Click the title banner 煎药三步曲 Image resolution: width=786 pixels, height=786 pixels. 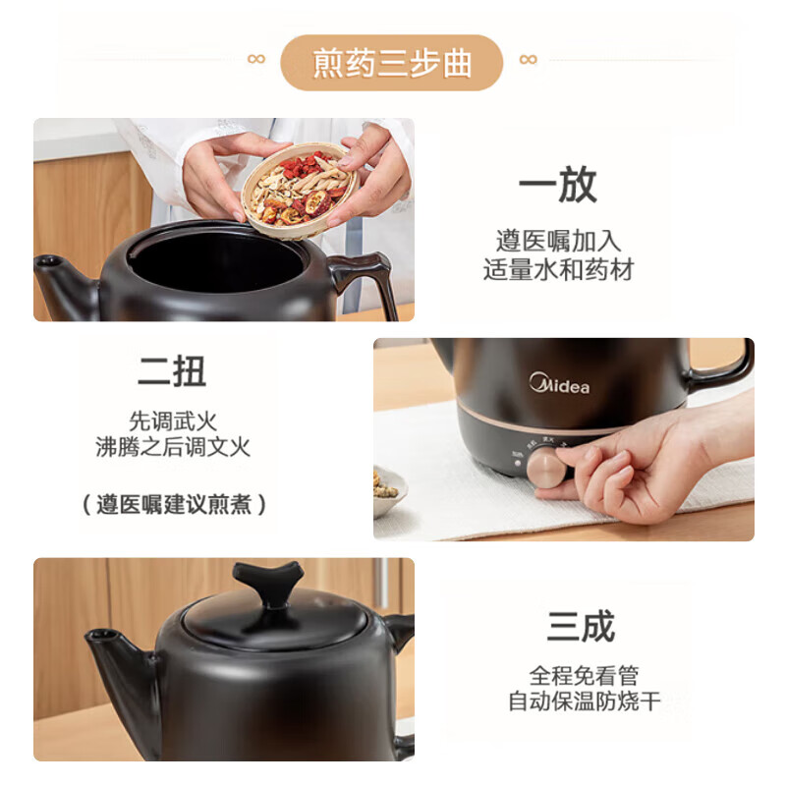(392, 62)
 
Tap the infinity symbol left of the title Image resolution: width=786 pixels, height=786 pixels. (256, 59)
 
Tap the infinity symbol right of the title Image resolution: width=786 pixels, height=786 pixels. (528, 59)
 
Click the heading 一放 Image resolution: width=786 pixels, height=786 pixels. (557, 186)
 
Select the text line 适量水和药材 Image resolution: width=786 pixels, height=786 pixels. (558, 269)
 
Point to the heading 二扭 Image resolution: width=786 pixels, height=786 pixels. (172, 371)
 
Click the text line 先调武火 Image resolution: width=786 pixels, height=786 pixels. (172, 421)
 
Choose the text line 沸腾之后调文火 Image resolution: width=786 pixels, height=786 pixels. (172, 448)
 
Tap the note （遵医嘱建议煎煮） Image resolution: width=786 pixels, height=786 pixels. (172, 505)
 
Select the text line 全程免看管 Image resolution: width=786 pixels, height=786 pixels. (584, 676)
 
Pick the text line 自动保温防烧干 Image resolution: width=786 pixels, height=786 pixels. (584, 702)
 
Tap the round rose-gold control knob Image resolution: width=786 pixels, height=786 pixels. (546, 470)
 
